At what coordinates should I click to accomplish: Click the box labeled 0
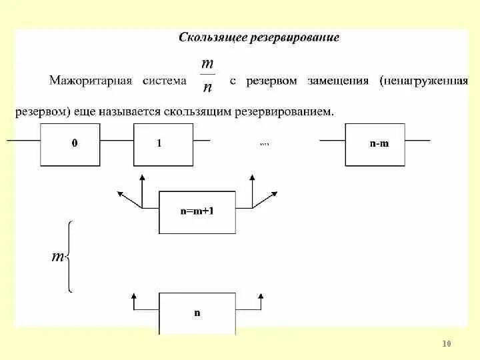pyautogui.click(x=74, y=145)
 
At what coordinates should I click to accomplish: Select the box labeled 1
pyautogui.click(x=160, y=145)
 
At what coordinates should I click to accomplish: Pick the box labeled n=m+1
pyautogui.click(x=197, y=211)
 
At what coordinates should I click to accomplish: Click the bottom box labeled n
pyautogui.click(x=197, y=312)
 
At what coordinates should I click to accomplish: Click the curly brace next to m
pyautogui.click(x=69, y=257)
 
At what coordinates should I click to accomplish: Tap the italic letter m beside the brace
pyautogui.click(x=57, y=257)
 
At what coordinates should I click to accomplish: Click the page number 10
pyautogui.click(x=447, y=344)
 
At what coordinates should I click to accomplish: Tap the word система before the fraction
pyautogui.click(x=165, y=81)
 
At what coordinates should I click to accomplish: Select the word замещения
pyautogui.click(x=338, y=81)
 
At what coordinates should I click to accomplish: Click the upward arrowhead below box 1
pyautogui.click(x=141, y=178)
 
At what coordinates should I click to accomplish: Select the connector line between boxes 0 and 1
pyautogui.click(x=119, y=141)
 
